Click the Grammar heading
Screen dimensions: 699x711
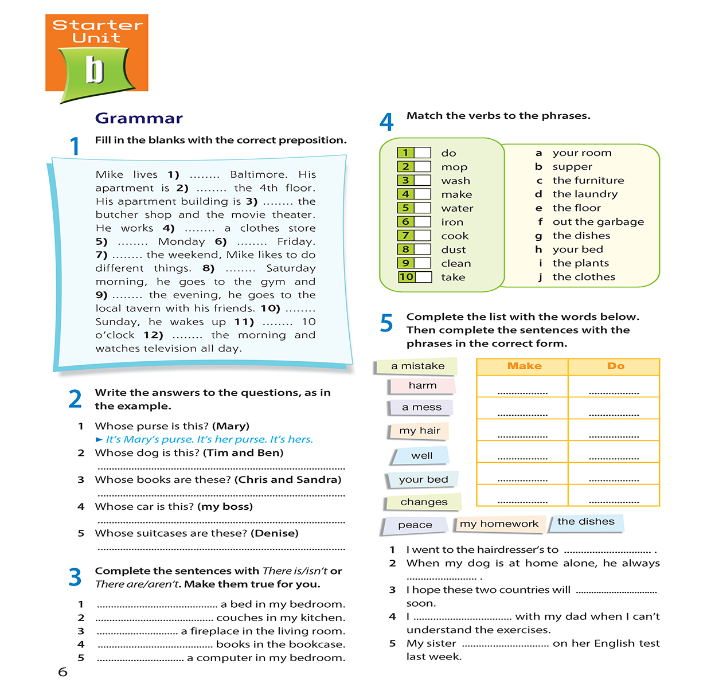pyautogui.click(x=139, y=118)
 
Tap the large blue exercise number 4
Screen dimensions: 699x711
pyautogui.click(x=387, y=122)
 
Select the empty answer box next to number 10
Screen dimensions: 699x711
pyautogui.click(x=423, y=277)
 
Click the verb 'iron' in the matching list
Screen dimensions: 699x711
pyautogui.click(x=452, y=222)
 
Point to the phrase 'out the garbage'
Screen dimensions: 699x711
pyautogui.click(x=598, y=222)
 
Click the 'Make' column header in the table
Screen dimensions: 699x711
pyautogui.click(x=524, y=366)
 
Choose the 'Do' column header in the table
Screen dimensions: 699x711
pyautogui.click(x=615, y=366)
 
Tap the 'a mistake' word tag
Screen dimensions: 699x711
pyautogui.click(x=417, y=366)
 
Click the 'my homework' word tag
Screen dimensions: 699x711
pyautogui.click(x=499, y=524)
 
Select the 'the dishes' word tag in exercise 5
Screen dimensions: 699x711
pyautogui.click(x=585, y=521)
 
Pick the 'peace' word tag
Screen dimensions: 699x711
pyautogui.click(x=415, y=525)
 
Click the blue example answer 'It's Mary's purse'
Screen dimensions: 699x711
pyautogui.click(x=150, y=439)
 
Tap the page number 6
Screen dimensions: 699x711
pyautogui.click(x=63, y=671)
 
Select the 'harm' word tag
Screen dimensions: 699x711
pyautogui.click(x=423, y=385)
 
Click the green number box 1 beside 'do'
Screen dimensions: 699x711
pyautogui.click(x=405, y=153)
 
